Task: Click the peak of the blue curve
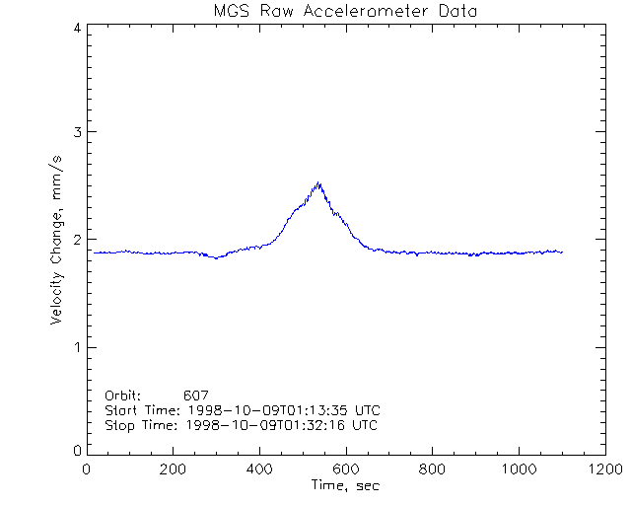click(318, 182)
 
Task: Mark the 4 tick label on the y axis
click(77, 28)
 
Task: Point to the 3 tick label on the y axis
click(77, 132)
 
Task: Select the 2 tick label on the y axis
click(77, 240)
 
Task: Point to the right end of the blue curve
click(562, 252)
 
